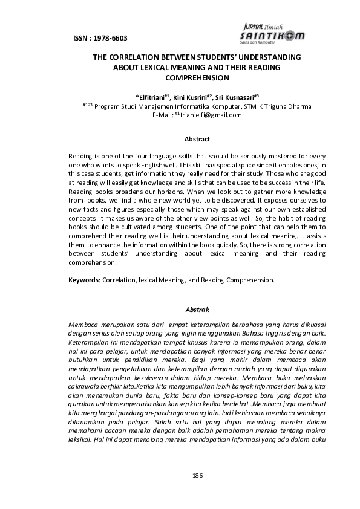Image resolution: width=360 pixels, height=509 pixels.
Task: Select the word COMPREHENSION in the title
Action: tap(197, 77)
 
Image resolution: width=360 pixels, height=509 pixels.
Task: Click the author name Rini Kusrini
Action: tap(192, 96)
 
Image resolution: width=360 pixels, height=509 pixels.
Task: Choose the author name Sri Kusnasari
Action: tap(237, 96)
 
